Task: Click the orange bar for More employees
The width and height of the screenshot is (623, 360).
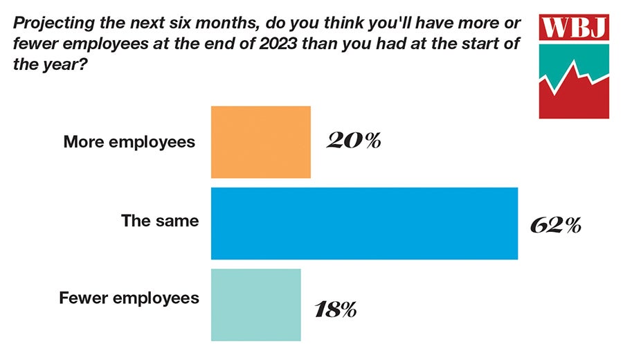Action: [x=260, y=142]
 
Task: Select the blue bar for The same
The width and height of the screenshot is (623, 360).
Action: [x=364, y=223]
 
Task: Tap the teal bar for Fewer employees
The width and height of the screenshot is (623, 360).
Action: [x=255, y=305]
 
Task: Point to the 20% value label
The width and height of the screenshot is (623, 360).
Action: [x=353, y=141]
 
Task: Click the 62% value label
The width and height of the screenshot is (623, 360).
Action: [x=555, y=225]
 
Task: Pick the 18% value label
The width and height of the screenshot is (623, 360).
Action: [x=334, y=308]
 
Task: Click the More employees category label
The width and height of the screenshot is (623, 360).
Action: [x=129, y=143]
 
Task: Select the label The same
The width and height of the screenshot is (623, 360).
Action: [x=160, y=222]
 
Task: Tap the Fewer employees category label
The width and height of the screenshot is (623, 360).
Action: [x=129, y=298]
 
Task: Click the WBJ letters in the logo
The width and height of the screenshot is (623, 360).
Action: [x=575, y=28]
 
